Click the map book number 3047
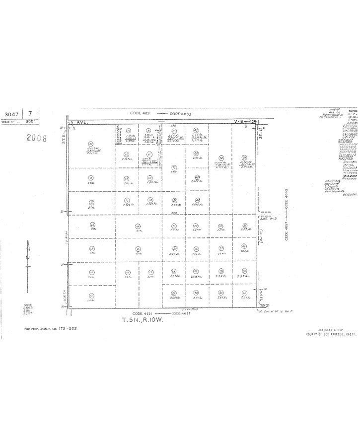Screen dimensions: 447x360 click(11, 114)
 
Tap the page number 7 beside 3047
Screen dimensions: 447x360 click(31, 114)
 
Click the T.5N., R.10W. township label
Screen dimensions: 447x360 click(143, 320)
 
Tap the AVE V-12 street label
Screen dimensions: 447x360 click(267, 218)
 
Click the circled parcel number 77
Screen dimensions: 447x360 click(173, 167)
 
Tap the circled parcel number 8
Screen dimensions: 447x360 click(91, 178)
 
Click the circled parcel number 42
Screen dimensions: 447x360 click(196, 131)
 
